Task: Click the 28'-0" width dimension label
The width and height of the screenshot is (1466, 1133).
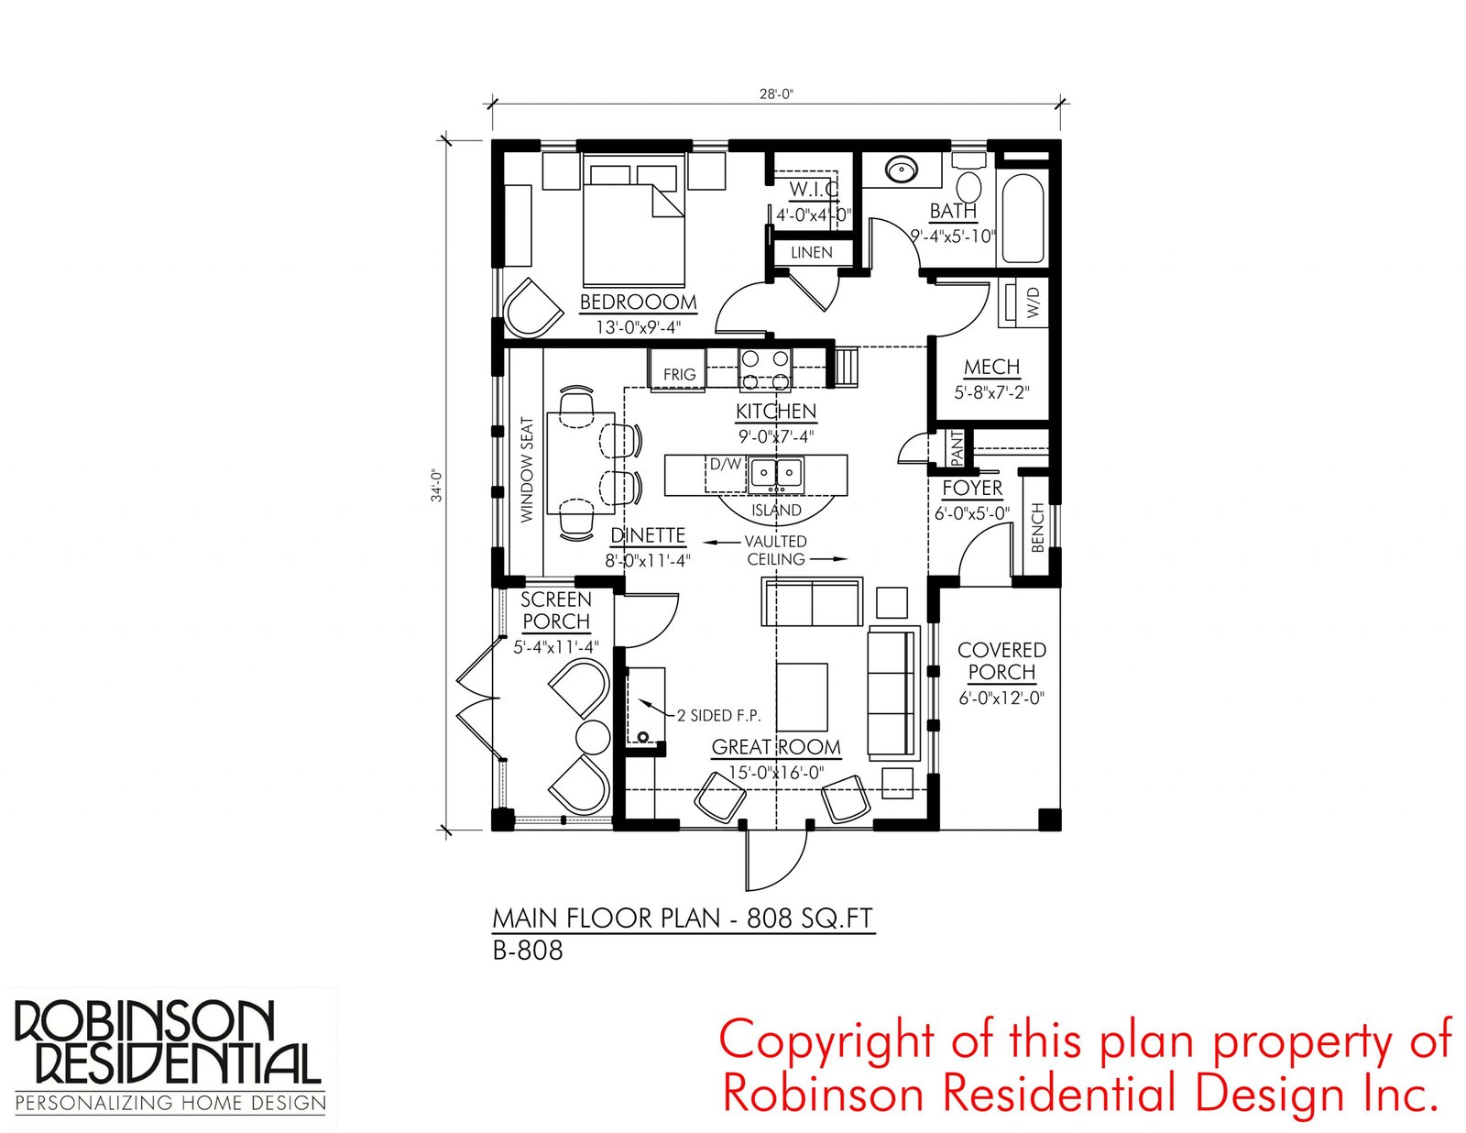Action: click(776, 93)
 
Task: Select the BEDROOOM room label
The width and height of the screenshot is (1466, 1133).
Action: click(639, 302)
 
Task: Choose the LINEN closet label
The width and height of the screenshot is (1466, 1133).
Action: click(812, 252)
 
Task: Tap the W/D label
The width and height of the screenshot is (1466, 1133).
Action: click(1033, 302)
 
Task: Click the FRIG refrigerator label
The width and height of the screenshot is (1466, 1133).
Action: click(679, 375)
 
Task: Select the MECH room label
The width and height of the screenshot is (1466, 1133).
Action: click(991, 367)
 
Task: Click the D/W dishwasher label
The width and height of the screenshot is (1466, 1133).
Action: click(726, 464)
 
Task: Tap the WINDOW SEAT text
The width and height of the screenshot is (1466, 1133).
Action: click(527, 469)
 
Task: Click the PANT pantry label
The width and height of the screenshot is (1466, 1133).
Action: click(957, 449)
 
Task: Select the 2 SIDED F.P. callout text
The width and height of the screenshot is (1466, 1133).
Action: click(718, 715)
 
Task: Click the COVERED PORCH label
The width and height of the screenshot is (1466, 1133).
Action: click(1001, 661)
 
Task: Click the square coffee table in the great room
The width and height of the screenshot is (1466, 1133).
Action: click(802, 697)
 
